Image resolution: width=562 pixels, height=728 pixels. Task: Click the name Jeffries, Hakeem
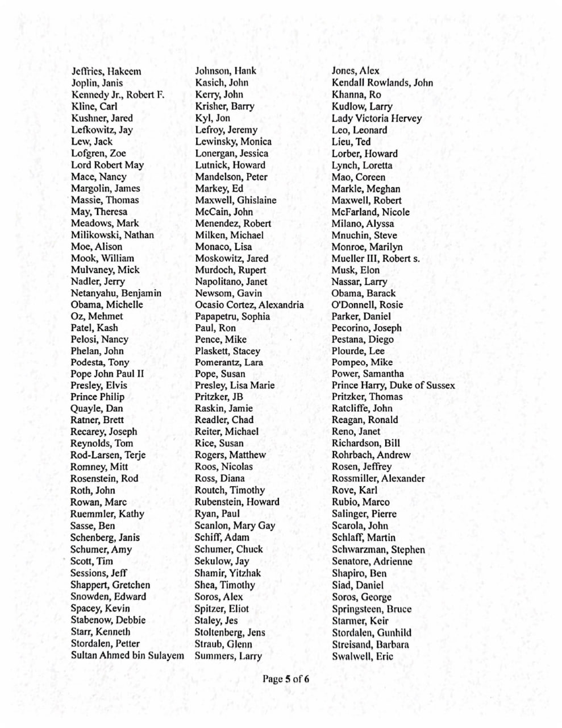coord(106,71)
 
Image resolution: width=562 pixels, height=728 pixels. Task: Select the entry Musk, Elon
coord(356,270)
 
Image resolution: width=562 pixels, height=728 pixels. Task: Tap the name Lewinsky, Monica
coord(233,142)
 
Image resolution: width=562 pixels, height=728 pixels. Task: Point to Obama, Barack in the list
coord(364,293)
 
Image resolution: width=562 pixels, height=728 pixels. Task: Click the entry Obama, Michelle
coord(107,305)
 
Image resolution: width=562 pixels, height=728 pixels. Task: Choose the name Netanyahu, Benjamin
coord(116,293)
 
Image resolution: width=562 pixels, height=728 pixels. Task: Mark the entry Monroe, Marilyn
coord(367,247)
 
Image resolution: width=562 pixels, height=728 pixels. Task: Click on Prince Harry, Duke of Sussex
coord(393,386)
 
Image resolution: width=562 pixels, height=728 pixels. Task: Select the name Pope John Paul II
coord(107,374)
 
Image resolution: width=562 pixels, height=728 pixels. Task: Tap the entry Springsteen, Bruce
coord(372,609)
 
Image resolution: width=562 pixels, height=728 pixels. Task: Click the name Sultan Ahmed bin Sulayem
coord(127,656)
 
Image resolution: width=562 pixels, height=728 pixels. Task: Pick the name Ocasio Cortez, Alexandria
coord(249,305)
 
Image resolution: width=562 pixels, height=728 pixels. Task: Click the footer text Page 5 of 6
coord(286,679)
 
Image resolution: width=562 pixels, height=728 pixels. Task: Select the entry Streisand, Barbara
coord(370,644)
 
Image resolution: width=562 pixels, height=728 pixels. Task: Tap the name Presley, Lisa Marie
coord(235,386)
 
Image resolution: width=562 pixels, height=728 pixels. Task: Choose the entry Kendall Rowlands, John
coord(382,83)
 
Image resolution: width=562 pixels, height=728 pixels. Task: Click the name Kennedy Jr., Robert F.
coord(118,94)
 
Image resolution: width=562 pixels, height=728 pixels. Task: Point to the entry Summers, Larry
coord(228,656)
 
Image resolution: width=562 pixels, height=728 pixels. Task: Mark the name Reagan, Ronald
coord(365,420)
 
